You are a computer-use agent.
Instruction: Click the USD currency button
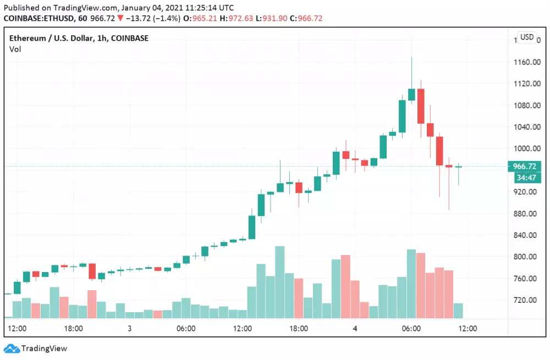(x=526, y=37)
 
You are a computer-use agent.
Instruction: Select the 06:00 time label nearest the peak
(x=411, y=329)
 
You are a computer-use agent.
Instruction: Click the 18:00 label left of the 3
(x=73, y=329)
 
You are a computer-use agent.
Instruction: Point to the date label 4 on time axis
(x=355, y=329)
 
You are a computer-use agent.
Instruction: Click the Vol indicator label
(x=15, y=49)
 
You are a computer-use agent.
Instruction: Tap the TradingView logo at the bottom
(x=36, y=348)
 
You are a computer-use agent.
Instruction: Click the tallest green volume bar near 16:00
(x=279, y=282)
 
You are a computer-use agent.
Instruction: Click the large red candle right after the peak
(x=421, y=106)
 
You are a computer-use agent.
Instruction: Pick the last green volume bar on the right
(x=458, y=311)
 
